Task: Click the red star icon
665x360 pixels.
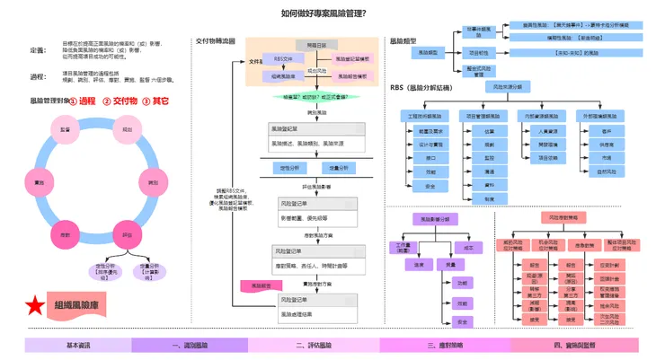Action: [x=35, y=305]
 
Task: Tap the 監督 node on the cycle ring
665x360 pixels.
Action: [x=66, y=129]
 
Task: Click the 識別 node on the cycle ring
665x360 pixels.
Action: [x=154, y=182]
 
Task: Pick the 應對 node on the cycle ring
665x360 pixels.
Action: [x=66, y=235]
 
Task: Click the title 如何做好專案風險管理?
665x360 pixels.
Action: [x=323, y=13]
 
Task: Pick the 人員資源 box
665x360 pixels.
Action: [x=547, y=131]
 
